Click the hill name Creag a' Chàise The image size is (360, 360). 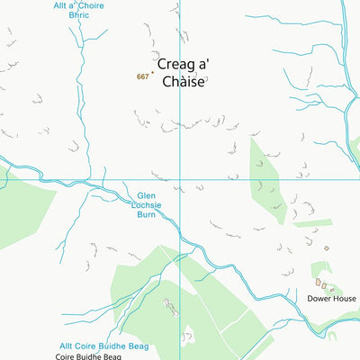tap(187, 73)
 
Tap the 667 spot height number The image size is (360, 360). tap(142, 77)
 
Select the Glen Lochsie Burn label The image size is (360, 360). tap(147, 205)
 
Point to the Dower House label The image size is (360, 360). tap(331, 298)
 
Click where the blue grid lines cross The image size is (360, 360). tap(179, 178)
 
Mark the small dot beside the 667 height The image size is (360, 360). tap(152, 74)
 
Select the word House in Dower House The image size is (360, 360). tap(344, 298)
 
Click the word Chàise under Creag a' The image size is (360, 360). tap(187, 81)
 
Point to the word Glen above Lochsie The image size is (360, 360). tap(147, 194)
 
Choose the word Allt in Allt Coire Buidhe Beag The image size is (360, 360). tap(67, 346)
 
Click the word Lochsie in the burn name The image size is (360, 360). tap(147, 205)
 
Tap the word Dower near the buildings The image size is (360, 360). tap(319, 298)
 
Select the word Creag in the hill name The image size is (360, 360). tap(177, 65)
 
